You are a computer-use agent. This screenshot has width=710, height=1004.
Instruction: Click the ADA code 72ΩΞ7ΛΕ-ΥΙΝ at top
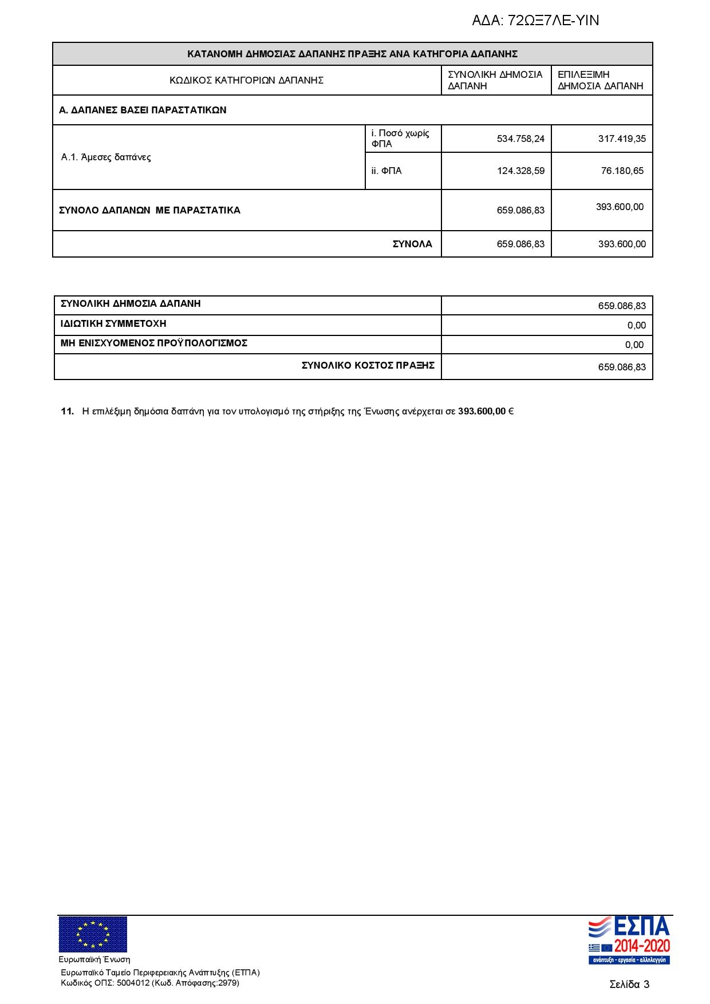pyautogui.click(x=535, y=21)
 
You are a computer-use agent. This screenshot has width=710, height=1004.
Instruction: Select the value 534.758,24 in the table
pyautogui.click(x=520, y=139)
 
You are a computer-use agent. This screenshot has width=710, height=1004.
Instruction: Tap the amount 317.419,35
pyautogui.click(x=622, y=139)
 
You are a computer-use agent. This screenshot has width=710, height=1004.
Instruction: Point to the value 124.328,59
pyautogui.click(x=520, y=171)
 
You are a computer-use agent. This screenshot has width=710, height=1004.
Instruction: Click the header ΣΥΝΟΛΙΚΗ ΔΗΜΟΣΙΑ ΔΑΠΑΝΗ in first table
pyautogui.click(x=495, y=80)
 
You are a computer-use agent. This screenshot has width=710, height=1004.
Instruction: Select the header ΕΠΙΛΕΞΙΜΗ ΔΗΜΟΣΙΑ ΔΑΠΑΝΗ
pyautogui.click(x=600, y=80)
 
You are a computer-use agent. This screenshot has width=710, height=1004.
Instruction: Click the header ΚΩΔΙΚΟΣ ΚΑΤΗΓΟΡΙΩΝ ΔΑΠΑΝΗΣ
pyautogui.click(x=246, y=80)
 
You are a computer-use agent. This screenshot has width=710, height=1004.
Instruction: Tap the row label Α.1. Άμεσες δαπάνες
pyautogui.click(x=106, y=157)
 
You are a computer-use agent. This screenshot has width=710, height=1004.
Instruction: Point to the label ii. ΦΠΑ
pyautogui.click(x=386, y=171)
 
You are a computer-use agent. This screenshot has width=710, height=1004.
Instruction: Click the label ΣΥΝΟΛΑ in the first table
pyautogui.click(x=412, y=244)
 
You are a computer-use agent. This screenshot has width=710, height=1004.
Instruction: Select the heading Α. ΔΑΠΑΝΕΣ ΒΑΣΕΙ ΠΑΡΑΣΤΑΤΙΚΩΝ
pyautogui.click(x=143, y=110)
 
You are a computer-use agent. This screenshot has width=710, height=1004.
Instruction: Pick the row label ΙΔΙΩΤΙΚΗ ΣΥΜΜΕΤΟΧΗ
pyautogui.click(x=113, y=324)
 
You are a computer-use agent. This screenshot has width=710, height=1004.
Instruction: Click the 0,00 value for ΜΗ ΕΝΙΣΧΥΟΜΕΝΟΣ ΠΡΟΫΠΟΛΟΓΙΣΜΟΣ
pyautogui.click(x=634, y=345)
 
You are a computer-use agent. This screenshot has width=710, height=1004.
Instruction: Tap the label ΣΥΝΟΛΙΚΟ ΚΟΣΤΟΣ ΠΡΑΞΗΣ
pyautogui.click(x=368, y=365)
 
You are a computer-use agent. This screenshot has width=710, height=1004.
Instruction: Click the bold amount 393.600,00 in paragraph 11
pyautogui.click(x=482, y=412)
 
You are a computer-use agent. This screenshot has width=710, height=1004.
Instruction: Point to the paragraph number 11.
pyautogui.click(x=67, y=412)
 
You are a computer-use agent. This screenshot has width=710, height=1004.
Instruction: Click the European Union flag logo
pyautogui.click(x=93, y=934)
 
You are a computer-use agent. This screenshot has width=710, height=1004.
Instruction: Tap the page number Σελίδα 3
pyautogui.click(x=629, y=985)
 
